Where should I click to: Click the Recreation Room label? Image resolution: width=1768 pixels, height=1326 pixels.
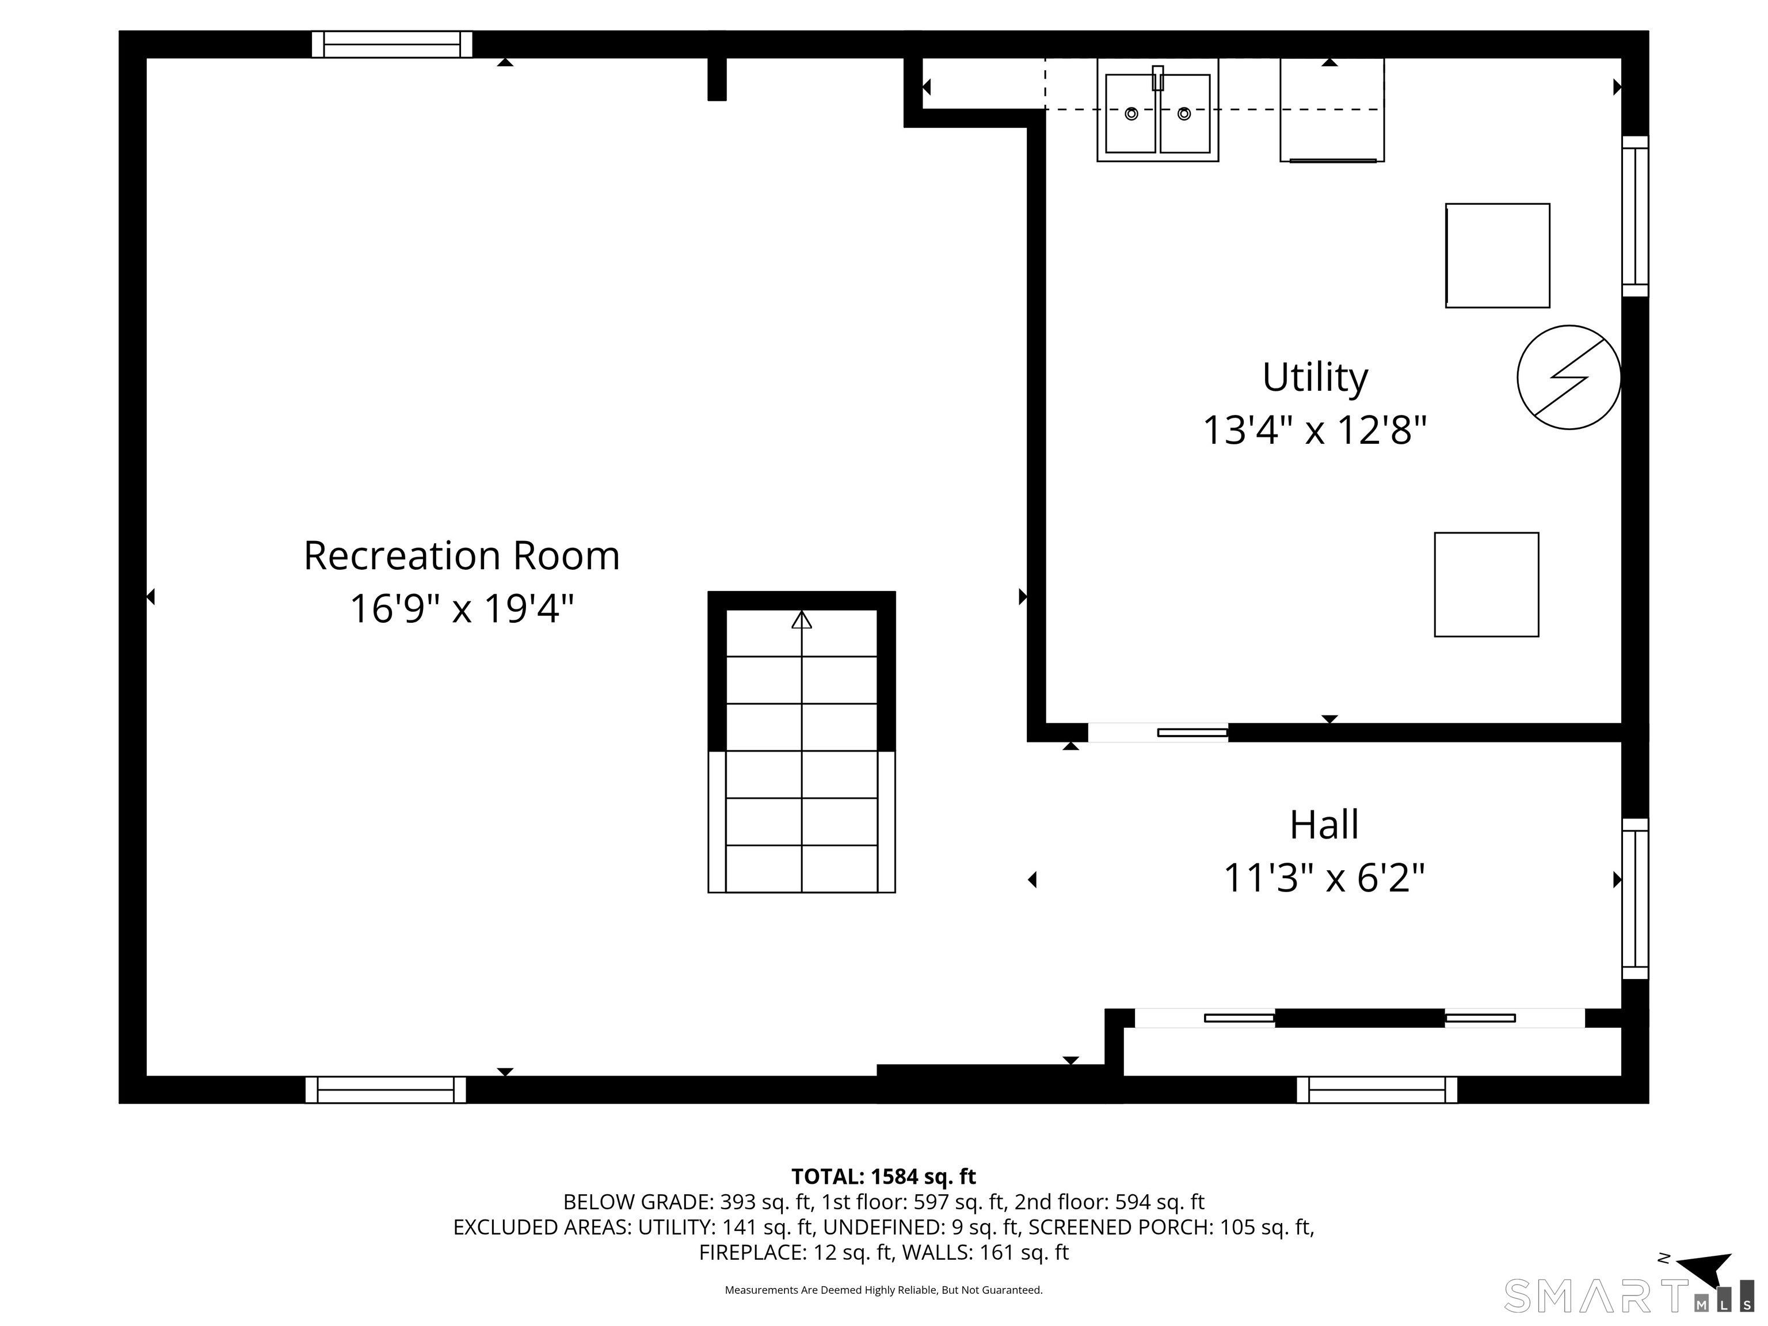pos(461,555)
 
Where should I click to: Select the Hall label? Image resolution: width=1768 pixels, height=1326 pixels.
pos(1324,825)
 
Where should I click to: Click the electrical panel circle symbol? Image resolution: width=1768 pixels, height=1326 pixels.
pos(1568,378)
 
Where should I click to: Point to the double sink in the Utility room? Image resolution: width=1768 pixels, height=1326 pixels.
pos(1157,111)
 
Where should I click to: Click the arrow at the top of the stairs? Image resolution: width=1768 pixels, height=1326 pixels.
pos(802,619)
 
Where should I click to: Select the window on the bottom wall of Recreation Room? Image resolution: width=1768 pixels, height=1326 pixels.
pos(385,1089)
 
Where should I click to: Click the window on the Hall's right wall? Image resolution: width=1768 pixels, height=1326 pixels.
pos(1634,898)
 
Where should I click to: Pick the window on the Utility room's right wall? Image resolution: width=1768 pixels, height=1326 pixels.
pos(1634,216)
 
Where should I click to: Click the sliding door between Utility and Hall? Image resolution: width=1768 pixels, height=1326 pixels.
pos(1157,732)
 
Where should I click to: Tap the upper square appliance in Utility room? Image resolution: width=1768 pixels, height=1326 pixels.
pos(1497,256)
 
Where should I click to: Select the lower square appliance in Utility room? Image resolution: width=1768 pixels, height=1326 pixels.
pos(1486,584)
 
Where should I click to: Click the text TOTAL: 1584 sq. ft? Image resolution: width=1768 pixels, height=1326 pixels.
pos(883,1176)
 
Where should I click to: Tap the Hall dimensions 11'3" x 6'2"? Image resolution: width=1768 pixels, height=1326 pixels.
pos(1324,878)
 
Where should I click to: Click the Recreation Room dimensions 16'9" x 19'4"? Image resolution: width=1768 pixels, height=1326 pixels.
pos(461,609)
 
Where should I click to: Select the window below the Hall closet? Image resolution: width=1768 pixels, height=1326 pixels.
pos(1376,1089)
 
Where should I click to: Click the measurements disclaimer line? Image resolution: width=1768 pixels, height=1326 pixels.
pos(883,1290)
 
